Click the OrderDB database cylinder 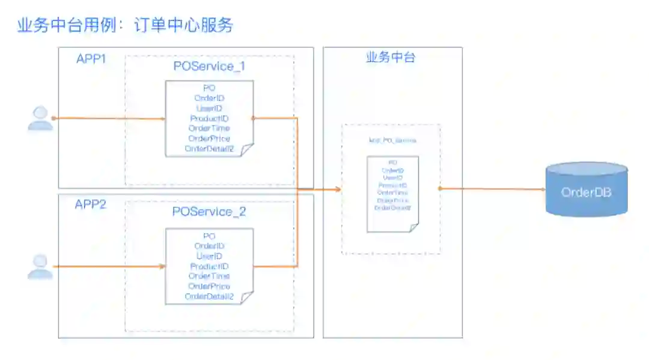586,190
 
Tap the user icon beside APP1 40,118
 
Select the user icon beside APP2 40,267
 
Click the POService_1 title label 209,66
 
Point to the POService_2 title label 209,212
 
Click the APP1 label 91,59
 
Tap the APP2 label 90,204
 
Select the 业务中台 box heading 391,58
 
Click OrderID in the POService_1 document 209,98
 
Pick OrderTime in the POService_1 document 209,129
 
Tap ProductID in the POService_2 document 209,266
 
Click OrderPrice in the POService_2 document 209,287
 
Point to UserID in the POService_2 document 209,256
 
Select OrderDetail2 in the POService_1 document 209,149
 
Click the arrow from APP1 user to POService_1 108,118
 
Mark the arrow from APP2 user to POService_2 108,266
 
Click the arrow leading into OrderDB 493,189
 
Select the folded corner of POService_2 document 247,298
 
